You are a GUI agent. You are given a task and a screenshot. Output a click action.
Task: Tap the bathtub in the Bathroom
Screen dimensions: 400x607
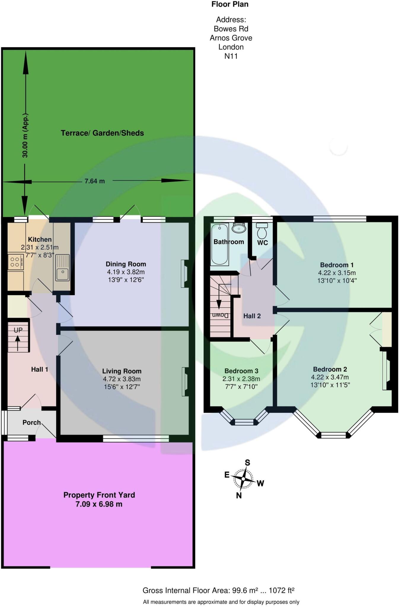click(x=219, y=245)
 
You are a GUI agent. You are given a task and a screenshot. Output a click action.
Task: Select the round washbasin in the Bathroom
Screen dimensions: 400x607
click(x=239, y=228)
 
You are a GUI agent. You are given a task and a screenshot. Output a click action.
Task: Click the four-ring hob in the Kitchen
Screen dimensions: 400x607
click(x=15, y=262)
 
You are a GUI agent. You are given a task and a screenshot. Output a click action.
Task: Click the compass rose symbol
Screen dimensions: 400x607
click(x=243, y=478)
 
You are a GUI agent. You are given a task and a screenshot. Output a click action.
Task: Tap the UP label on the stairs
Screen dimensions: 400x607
click(x=18, y=330)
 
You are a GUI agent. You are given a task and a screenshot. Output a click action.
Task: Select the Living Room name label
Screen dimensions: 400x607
click(x=122, y=371)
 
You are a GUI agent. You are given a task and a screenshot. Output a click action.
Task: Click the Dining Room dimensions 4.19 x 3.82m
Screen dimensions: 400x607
click(x=126, y=272)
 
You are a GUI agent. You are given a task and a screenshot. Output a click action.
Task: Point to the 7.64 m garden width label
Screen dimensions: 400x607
click(x=95, y=181)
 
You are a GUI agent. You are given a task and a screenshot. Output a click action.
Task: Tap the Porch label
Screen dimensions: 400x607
click(x=31, y=422)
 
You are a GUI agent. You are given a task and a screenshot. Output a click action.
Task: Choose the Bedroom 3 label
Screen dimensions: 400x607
click(x=241, y=371)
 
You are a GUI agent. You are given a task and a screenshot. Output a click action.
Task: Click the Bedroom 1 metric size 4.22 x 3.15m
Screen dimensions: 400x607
click(x=337, y=273)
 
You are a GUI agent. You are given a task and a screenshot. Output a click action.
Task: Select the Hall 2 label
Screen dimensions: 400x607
click(x=252, y=316)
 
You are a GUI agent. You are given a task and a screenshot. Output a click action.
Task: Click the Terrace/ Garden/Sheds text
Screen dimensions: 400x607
click(x=102, y=133)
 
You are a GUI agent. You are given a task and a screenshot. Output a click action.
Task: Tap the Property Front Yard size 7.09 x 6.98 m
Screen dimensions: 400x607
click(x=99, y=504)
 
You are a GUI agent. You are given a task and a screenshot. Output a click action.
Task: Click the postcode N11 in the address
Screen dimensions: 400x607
click(x=231, y=56)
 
